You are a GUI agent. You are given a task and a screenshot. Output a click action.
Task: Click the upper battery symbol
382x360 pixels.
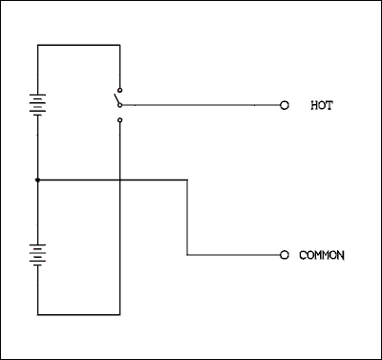(x=37, y=104)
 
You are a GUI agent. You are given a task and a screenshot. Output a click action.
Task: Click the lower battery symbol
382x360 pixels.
(x=37, y=253)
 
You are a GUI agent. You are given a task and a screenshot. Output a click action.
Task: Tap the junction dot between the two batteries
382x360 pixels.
(x=37, y=179)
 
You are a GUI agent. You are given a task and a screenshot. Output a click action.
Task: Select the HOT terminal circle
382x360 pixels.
(x=284, y=105)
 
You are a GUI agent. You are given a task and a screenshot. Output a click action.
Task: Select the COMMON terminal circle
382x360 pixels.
(x=284, y=255)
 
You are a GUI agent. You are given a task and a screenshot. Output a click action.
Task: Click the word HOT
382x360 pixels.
(x=322, y=105)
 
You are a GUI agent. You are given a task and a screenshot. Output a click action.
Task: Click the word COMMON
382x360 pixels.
(x=322, y=255)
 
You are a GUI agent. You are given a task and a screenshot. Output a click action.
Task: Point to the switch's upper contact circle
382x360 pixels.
(x=119, y=86)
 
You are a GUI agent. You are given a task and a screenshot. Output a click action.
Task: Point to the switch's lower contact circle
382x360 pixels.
(x=119, y=120)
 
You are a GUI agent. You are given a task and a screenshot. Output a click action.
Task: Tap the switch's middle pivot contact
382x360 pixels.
(x=120, y=105)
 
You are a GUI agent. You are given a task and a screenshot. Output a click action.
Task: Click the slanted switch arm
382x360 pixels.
(x=116, y=97)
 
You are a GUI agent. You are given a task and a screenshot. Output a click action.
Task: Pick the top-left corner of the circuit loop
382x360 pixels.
(x=37, y=44)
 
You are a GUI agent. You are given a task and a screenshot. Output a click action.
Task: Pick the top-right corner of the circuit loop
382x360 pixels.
(x=119, y=44)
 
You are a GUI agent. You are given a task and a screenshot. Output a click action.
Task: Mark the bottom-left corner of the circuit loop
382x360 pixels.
(x=37, y=313)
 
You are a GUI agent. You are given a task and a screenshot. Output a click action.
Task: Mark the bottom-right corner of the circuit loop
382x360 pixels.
(x=119, y=313)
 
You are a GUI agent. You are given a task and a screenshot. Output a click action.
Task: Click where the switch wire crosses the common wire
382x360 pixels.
(x=119, y=179)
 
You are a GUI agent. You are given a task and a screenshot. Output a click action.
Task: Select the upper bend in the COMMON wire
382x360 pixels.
(x=187, y=179)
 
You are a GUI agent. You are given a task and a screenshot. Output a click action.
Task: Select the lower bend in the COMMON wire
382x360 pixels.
(x=187, y=255)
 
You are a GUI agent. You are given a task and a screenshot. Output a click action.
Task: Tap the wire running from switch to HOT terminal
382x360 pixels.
(x=201, y=105)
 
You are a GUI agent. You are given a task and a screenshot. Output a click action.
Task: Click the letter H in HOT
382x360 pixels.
(x=314, y=105)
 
